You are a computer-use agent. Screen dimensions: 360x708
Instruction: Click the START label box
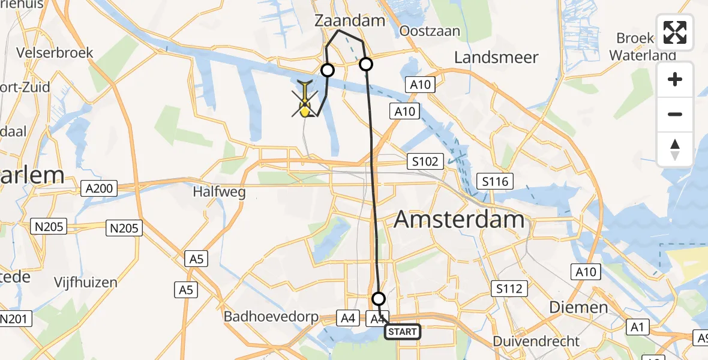point(402,332)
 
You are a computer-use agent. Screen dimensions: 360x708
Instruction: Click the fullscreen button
point(675,32)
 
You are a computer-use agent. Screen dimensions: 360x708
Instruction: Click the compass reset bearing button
point(675,149)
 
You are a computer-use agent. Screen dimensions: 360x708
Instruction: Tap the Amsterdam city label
point(459,220)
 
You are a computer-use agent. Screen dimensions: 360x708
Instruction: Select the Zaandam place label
point(350,21)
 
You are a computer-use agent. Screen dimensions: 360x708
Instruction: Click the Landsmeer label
point(496,58)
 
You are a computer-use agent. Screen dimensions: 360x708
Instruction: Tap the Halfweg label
point(216,193)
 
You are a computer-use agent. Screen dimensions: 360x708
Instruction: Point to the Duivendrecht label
point(536,341)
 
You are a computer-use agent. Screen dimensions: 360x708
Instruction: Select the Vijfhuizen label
point(86,282)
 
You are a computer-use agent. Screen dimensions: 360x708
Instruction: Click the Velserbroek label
point(55,53)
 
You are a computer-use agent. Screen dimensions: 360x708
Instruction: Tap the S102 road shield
point(425,161)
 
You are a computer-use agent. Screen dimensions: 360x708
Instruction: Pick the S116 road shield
point(492,181)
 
